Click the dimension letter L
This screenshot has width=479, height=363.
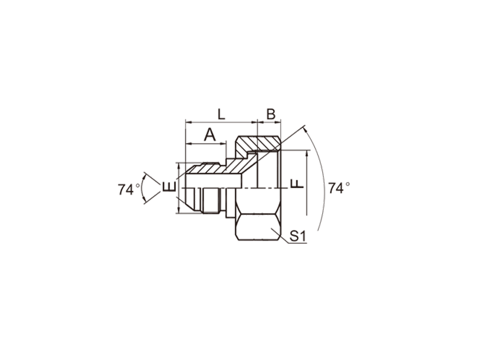point(221,114)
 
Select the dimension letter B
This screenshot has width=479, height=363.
point(271,114)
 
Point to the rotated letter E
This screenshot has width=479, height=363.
point(169,186)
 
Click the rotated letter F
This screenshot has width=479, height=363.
point(296,183)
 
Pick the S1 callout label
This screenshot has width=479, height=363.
point(298,236)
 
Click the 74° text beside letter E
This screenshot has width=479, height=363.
point(129,189)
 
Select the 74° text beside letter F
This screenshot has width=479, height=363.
point(339,188)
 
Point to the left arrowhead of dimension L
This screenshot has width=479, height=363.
point(188,123)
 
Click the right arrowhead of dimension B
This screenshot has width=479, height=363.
point(278,123)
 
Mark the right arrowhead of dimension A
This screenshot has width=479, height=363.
point(223,143)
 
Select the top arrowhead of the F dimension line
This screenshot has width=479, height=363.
point(307,153)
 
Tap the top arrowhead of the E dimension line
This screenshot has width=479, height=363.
point(179,166)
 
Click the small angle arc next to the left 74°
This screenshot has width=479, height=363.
point(142,188)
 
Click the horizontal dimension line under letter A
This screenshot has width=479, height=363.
point(206,143)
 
